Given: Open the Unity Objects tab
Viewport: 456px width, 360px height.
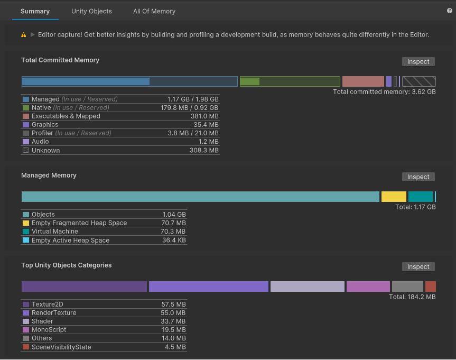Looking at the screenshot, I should pyautogui.click(x=91, y=11).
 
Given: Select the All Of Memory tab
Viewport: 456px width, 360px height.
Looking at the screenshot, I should pyautogui.click(x=154, y=11).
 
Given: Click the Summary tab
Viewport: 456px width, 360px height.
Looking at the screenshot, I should pyautogui.click(x=35, y=11).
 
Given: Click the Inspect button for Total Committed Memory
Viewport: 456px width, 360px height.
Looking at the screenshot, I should pyautogui.click(x=418, y=62).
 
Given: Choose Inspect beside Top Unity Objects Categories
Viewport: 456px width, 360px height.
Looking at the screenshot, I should pyautogui.click(x=418, y=267).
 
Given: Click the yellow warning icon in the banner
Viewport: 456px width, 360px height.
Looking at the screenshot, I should pyautogui.click(x=24, y=35).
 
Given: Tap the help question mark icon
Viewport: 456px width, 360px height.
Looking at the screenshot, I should pyautogui.click(x=450, y=11).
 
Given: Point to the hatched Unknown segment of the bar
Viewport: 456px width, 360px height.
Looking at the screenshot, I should pyautogui.click(x=418, y=81).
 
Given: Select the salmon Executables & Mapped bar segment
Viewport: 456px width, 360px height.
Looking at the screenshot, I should pyautogui.click(x=363, y=81).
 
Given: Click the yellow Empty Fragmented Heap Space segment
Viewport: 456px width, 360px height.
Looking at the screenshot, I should pyautogui.click(x=394, y=197).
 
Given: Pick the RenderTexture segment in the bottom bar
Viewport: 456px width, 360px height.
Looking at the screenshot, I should pyautogui.click(x=208, y=287).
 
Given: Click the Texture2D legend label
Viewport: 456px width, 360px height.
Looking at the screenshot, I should pyautogui.click(x=47, y=304).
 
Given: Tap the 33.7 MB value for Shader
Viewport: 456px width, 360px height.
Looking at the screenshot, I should pyautogui.click(x=173, y=321).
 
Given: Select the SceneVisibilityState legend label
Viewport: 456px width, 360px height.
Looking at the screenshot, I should pyautogui.click(x=61, y=347).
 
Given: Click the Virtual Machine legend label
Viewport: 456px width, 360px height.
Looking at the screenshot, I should pyautogui.click(x=54, y=232).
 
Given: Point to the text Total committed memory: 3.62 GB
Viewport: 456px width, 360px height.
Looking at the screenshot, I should pyautogui.click(x=384, y=92).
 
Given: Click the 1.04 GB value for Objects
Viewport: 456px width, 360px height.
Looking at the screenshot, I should pyautogui.click(x=174, y=215).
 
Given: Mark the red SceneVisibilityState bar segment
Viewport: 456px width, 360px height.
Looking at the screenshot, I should pyautogui.click(x=430, y=287).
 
